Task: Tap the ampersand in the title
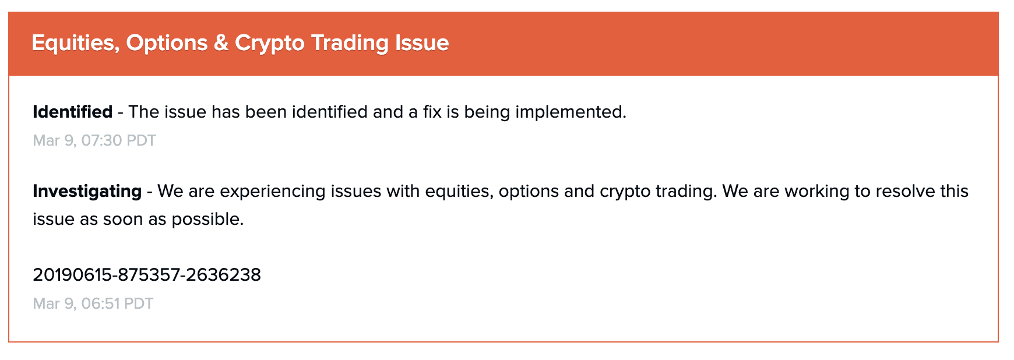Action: pos(221,43)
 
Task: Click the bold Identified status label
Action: pos(72,111)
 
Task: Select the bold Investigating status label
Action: pos(87,192)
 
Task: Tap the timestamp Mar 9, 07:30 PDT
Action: pos(94,140)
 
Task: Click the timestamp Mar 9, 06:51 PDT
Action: pos(93,303)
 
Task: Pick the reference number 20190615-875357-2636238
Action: pos(147,274)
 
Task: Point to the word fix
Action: pos(432,111)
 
